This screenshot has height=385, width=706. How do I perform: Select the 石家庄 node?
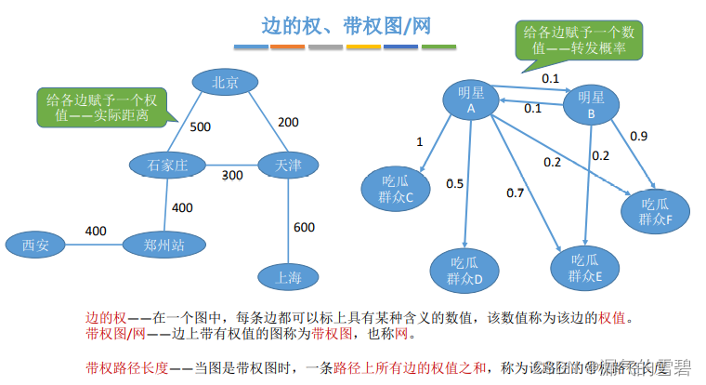tap(168, 166)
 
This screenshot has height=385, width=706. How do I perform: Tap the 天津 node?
tap(288, 166)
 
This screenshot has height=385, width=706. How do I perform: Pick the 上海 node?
tap(288, 276)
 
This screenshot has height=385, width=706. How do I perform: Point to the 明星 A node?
tap(471, 100)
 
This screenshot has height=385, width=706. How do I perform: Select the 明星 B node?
tap(592, 104)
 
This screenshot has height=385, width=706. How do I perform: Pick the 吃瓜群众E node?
tap(582, 269)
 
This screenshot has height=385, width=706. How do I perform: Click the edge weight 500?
tap(201, 126)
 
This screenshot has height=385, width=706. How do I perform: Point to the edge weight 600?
tap(303, 228)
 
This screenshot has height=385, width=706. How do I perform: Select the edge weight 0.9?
tap(639, 136)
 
